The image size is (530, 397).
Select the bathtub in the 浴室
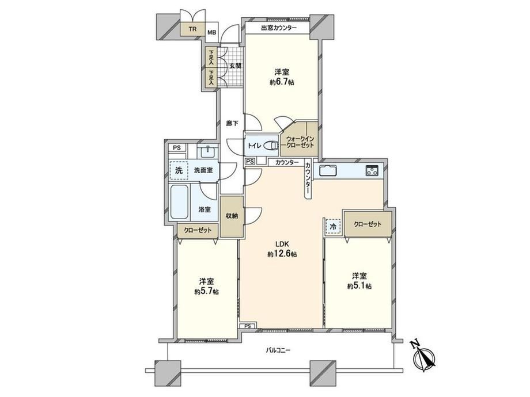click(x=179, y=202)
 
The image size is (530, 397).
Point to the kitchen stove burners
click(x=372, y=170)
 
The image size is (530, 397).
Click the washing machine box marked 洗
click(x=179, y=170)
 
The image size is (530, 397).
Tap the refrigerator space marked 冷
click(x=333, y=227)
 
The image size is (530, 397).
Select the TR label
click(x=192, y=29)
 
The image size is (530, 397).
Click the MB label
click(x=211, y=33)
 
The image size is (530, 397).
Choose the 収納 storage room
click(x=232, y=216)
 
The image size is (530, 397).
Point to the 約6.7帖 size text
click(x=282, y=82)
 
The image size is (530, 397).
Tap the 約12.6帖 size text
click(x=282, y=254)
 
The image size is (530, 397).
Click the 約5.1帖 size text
click(x=359, y=286)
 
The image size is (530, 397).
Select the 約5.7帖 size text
click(x=206, y=291)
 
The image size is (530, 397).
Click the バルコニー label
click(x=278, y=350)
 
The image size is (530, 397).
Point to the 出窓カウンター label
click(x=279, y=28)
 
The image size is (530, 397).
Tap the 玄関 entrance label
click(x=235, y=66)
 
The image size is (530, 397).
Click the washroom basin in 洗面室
click(x=207, y=151)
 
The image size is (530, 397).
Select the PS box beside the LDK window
click(x=248, y=326)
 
